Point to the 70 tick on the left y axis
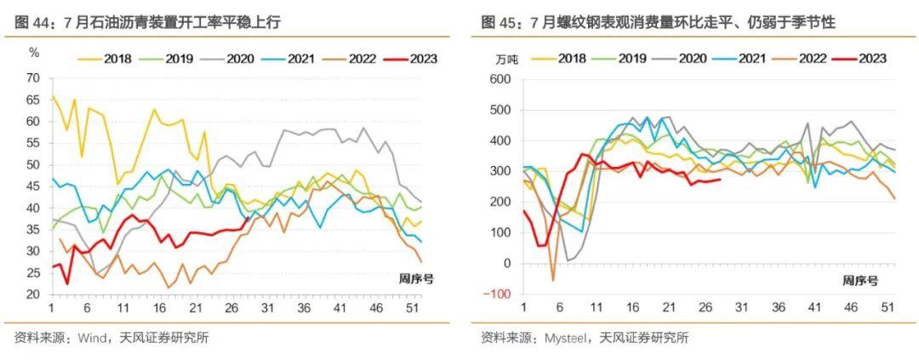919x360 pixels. [x=33, y=77]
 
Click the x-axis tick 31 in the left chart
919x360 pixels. [x=266, y=307]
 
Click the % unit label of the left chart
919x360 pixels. [x=34, y=53]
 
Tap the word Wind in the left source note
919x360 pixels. [x=93, y=337]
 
